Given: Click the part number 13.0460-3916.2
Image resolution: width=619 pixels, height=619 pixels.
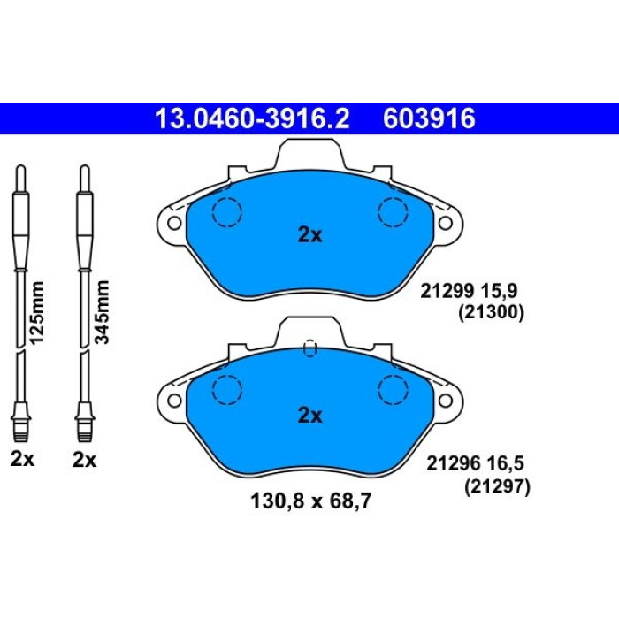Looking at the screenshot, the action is coord(252,118).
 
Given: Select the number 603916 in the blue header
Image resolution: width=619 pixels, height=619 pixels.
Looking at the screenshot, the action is coord(429,118).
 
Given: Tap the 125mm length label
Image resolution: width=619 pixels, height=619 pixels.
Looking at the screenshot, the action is coord(37,312).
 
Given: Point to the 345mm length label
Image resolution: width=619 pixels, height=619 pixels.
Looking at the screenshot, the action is coord(102,312).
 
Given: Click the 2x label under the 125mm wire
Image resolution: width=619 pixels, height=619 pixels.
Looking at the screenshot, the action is coord(22,459).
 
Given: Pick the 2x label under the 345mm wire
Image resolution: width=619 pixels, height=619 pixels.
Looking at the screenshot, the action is coord(84,460).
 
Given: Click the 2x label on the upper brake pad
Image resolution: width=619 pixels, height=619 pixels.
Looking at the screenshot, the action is coord(309,235).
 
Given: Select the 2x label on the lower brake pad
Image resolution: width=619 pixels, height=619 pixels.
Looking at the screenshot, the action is coord(309,416).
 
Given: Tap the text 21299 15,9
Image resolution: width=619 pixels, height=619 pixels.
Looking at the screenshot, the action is coord(468,292).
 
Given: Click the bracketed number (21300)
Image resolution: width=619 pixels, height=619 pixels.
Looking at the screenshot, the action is coord(491,313).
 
